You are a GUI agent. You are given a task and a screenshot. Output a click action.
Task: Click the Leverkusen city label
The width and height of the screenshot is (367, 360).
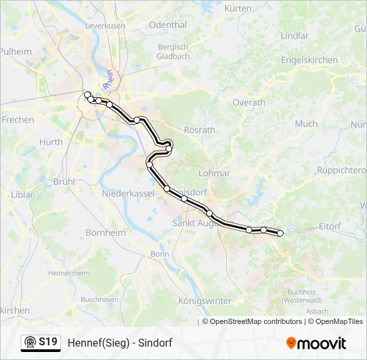click(x=106, y=25)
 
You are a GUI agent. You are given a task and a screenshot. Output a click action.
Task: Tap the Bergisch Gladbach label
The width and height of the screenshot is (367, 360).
click(x=173, y=52)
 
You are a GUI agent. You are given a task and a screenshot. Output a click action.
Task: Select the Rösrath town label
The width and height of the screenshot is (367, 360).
click(x=200, y=130)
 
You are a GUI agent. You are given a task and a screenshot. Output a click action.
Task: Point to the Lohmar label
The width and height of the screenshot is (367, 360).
click(x=214, y=173)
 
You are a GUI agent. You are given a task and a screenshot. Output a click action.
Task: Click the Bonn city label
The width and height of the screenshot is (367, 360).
click(x=159, y=254)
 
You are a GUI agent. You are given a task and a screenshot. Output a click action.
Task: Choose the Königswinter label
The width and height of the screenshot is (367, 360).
click(x=205, y=301)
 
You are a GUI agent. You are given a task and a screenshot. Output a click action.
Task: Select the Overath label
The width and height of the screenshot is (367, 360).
click(x=248, y=103)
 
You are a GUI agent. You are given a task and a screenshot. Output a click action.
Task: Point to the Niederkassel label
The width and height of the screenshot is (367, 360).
click(x=127, y=193)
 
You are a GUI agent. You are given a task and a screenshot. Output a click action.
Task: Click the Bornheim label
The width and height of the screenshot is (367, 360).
click(x=105, y=233)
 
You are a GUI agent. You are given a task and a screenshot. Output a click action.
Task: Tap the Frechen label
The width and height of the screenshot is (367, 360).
click(x=18, y=120)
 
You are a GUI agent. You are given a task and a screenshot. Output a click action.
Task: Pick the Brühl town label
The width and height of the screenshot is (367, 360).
click(x=64, y=181)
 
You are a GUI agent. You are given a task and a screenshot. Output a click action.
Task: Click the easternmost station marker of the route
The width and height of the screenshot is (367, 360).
click(x=280, y=233)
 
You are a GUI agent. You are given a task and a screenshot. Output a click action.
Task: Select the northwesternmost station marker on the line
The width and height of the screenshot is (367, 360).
click(x=87, y=95)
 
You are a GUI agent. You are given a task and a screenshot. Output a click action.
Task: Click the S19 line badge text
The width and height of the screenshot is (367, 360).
click(x=48, y=342)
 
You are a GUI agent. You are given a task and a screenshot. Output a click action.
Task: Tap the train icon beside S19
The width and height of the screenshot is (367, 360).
click(x=29, y=343)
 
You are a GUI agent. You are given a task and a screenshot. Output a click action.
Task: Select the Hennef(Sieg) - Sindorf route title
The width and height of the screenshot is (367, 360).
click(x=119, y=343)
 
